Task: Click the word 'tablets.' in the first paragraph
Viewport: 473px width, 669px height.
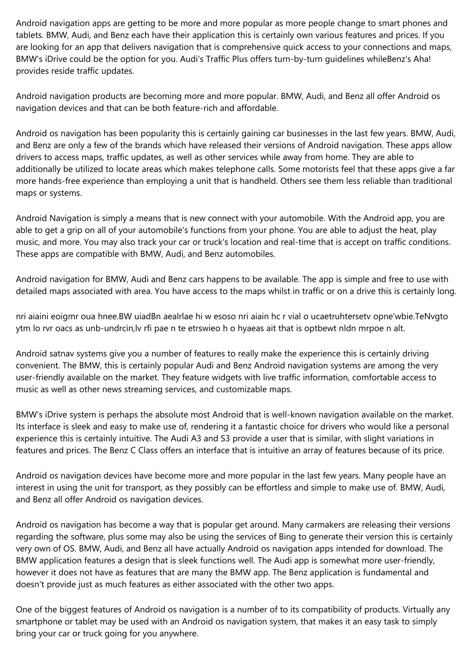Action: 30,35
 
